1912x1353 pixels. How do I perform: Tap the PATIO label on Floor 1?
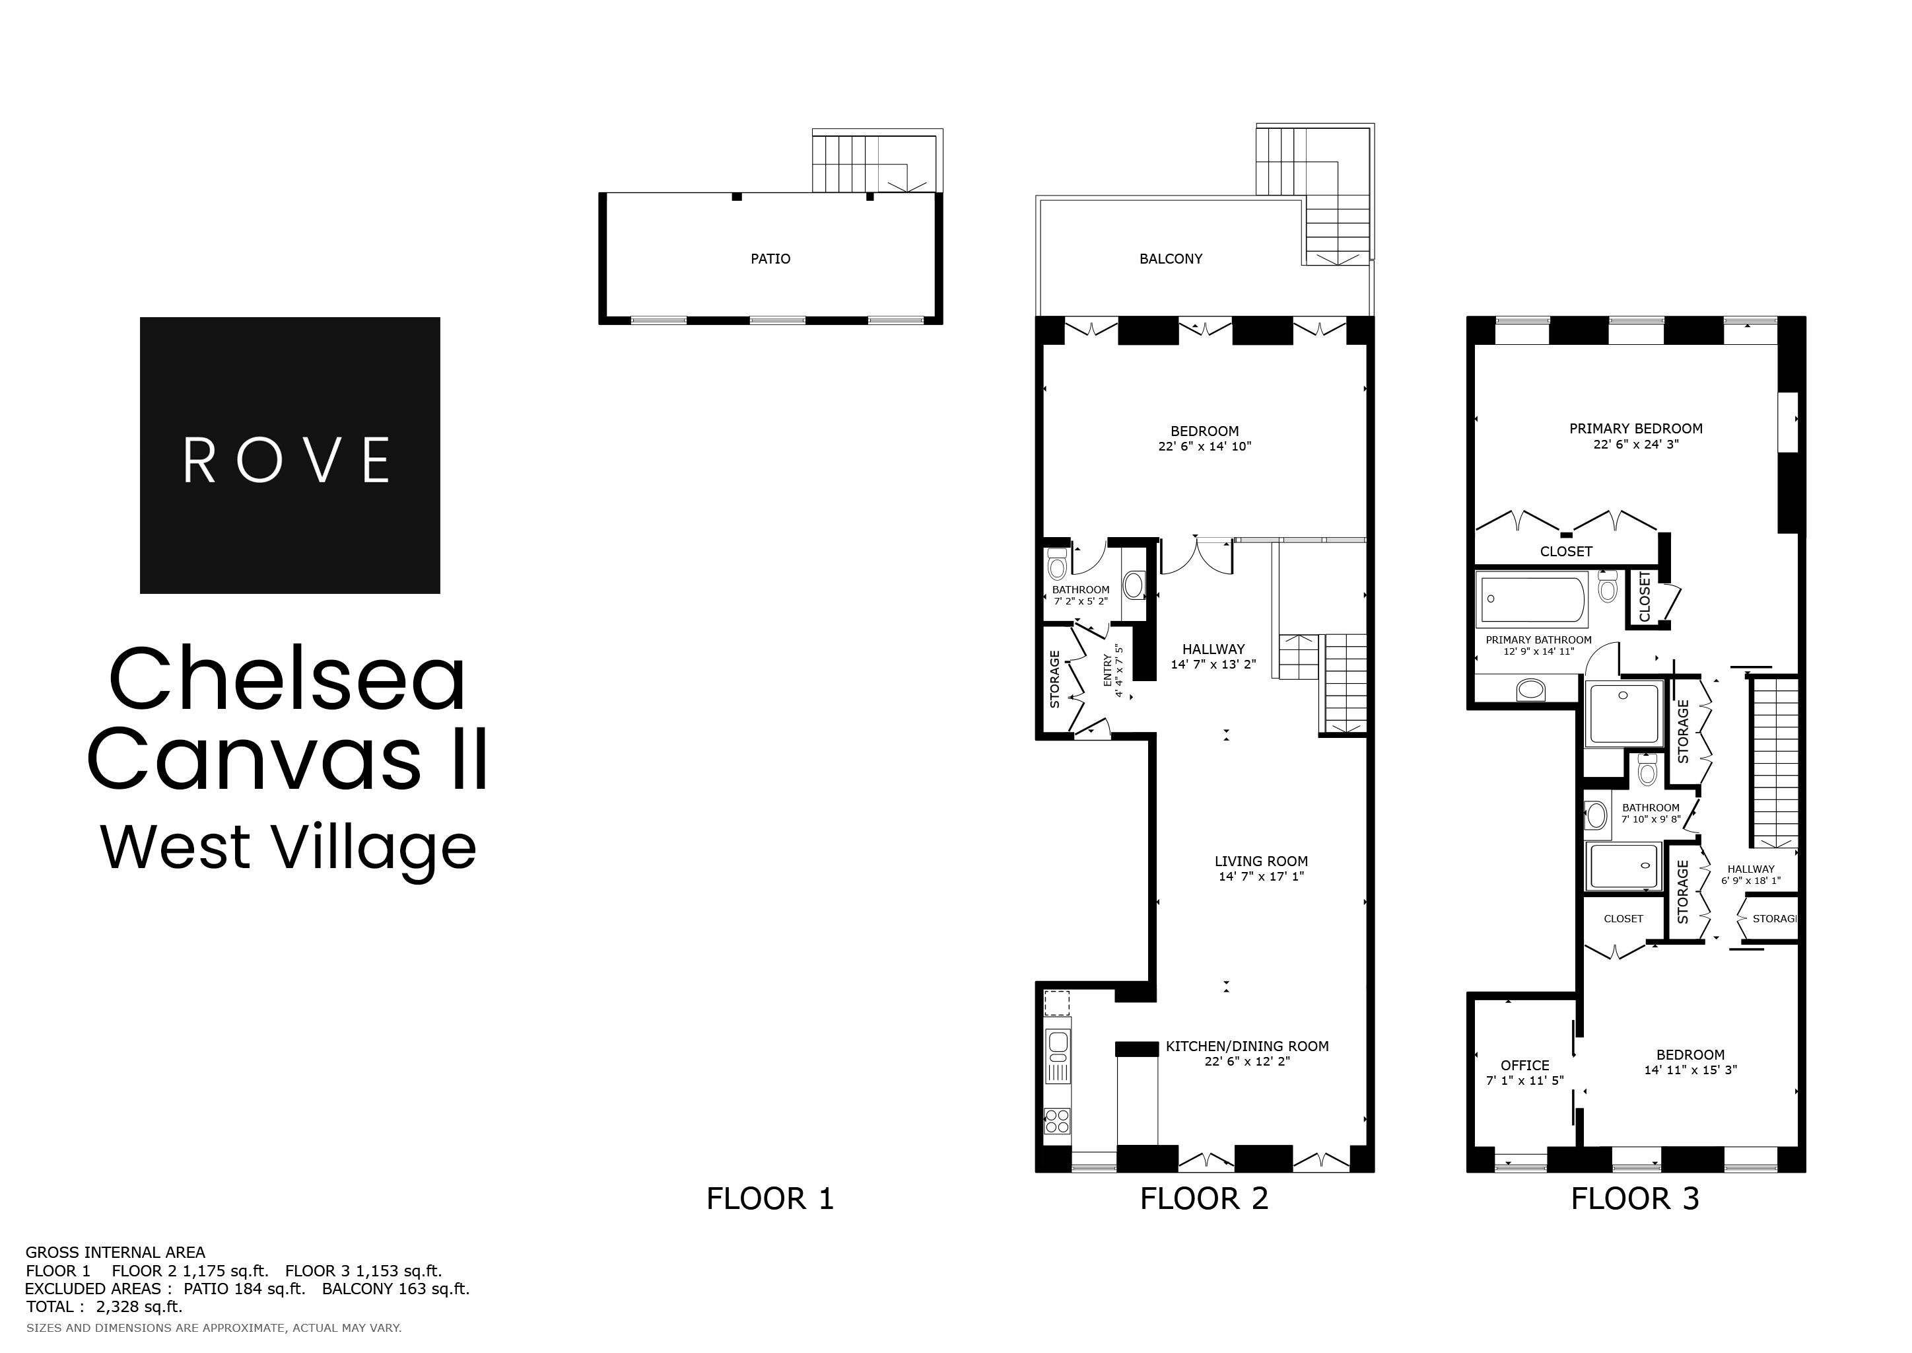(770, 259)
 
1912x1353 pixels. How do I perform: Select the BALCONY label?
(1170, 259)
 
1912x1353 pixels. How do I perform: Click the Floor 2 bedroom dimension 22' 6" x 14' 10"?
(1204, 447)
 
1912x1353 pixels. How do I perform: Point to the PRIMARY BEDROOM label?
(1635, 428)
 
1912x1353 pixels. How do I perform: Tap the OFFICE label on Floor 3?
(1524, 1065)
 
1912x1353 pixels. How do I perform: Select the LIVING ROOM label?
(1261, 861)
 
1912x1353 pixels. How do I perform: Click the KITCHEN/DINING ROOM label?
(1246, 1046)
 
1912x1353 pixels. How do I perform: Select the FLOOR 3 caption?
(1634, 1199)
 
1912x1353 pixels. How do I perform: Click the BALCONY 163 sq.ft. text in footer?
(395, 1289)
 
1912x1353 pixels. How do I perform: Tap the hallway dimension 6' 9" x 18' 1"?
(1750, 880)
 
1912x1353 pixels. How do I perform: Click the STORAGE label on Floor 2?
(1054, 680)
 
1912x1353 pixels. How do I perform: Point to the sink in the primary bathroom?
(1530, 690)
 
